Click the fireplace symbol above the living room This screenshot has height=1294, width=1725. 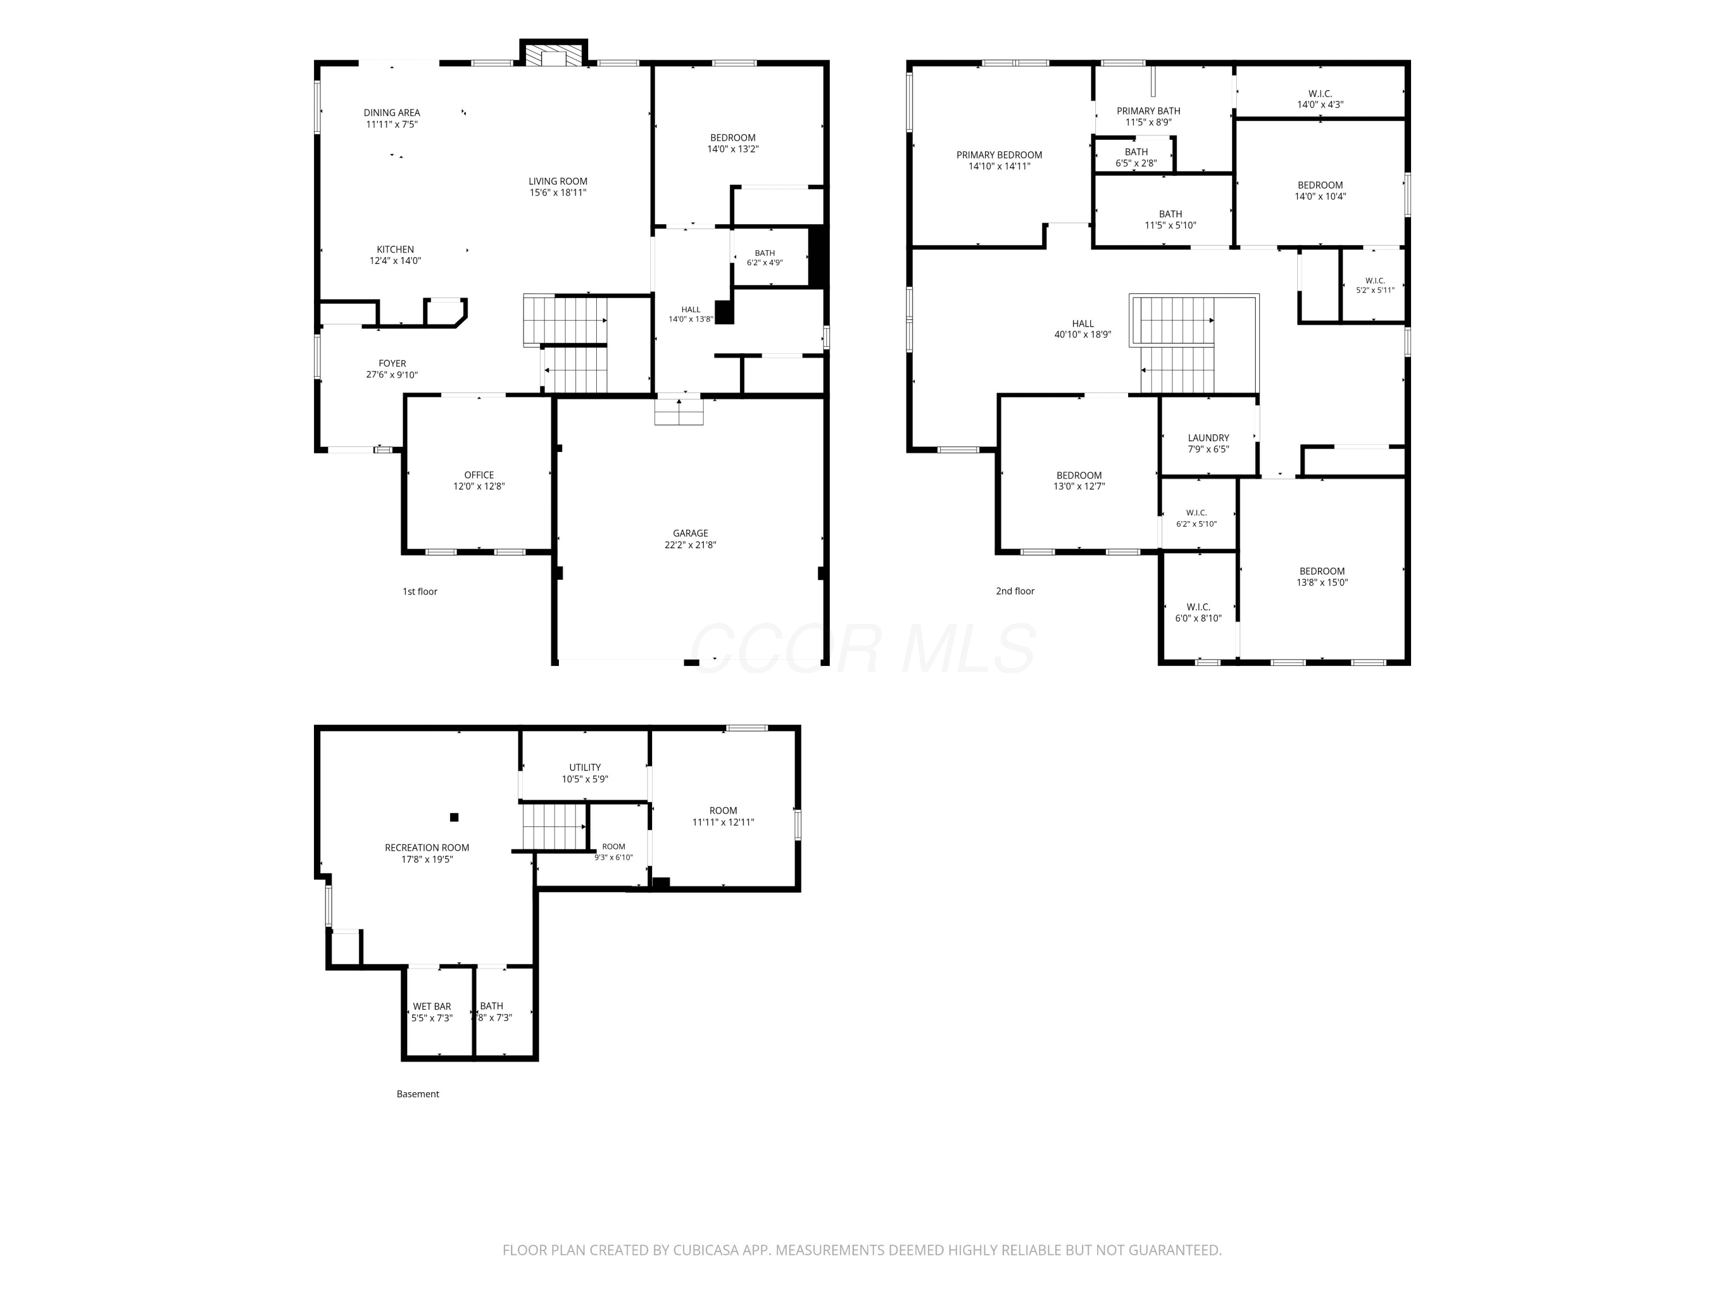pos(553,56)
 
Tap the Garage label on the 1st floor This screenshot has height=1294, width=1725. pos(690,534)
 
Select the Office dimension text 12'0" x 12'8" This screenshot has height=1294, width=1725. pos(479,487)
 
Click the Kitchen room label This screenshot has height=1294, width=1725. pos(396,250)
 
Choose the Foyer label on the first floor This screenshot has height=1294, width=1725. pos(392,363)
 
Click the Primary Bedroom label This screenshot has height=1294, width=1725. pos(999,155)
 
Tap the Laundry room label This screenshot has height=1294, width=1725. pos(1208,438)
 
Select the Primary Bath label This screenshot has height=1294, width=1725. pos(1148,111)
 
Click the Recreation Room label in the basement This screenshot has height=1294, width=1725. pos(427,848)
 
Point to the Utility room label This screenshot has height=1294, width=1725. pos(585,768)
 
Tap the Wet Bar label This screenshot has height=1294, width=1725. pos(432,1006)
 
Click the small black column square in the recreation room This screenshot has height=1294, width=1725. pos(454,817)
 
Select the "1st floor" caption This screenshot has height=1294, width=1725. pos(420,591)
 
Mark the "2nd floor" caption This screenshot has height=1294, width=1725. pos(1014,591)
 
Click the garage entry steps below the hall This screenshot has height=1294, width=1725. pos(678,412)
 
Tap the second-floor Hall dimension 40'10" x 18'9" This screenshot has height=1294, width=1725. pos(1082,335)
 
